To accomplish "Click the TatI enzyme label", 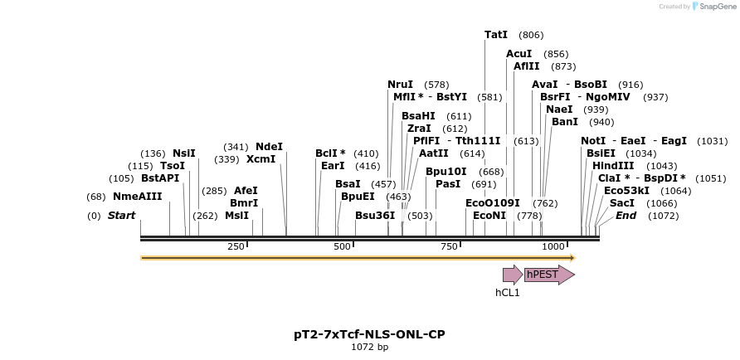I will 496,35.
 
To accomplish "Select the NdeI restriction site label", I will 269,147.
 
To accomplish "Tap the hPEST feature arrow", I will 548,275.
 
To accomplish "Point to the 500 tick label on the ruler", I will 342,246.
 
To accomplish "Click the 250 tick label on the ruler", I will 236,246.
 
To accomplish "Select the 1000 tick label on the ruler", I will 553,246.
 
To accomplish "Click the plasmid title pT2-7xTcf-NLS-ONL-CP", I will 369,334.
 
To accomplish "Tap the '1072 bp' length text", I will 369,347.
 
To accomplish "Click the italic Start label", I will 121,216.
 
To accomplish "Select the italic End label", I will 626,216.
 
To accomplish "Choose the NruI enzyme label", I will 400,85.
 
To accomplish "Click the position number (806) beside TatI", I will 531,35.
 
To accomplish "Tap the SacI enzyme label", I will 622,203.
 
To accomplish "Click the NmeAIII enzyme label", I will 138,197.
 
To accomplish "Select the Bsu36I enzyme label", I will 375,216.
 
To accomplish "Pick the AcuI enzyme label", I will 518,54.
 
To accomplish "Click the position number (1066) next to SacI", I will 662,203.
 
